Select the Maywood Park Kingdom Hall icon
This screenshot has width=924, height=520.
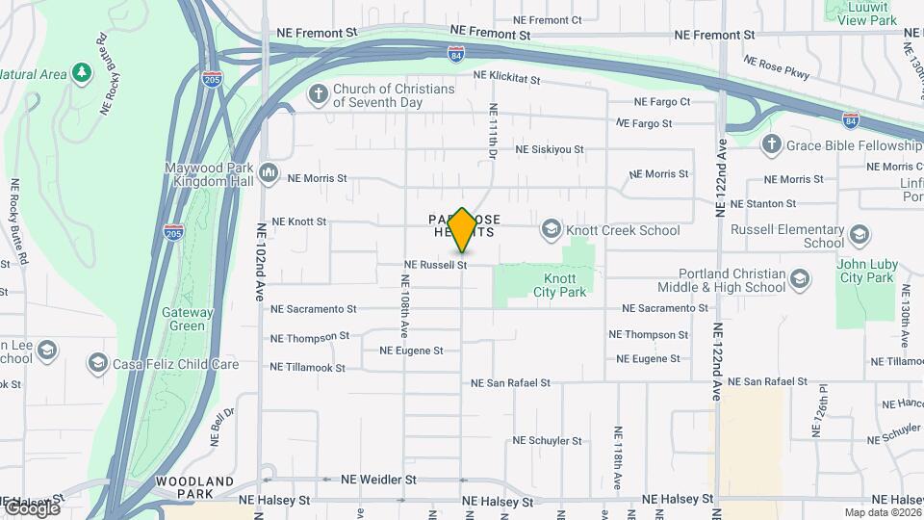pos(268,173)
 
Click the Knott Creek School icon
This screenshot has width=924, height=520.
pos(551,229)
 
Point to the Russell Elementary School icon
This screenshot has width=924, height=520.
pos(860,235)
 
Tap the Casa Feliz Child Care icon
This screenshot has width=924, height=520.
pos(97,363)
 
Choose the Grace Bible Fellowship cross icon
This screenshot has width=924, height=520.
pos(770,145)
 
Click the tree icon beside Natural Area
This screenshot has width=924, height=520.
pos(82,72)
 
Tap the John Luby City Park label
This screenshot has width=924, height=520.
pos(866,270)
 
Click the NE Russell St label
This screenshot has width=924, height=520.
pos(435,264)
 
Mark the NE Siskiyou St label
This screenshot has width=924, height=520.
pos(550,149)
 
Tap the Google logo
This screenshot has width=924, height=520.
pos(32,507)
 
